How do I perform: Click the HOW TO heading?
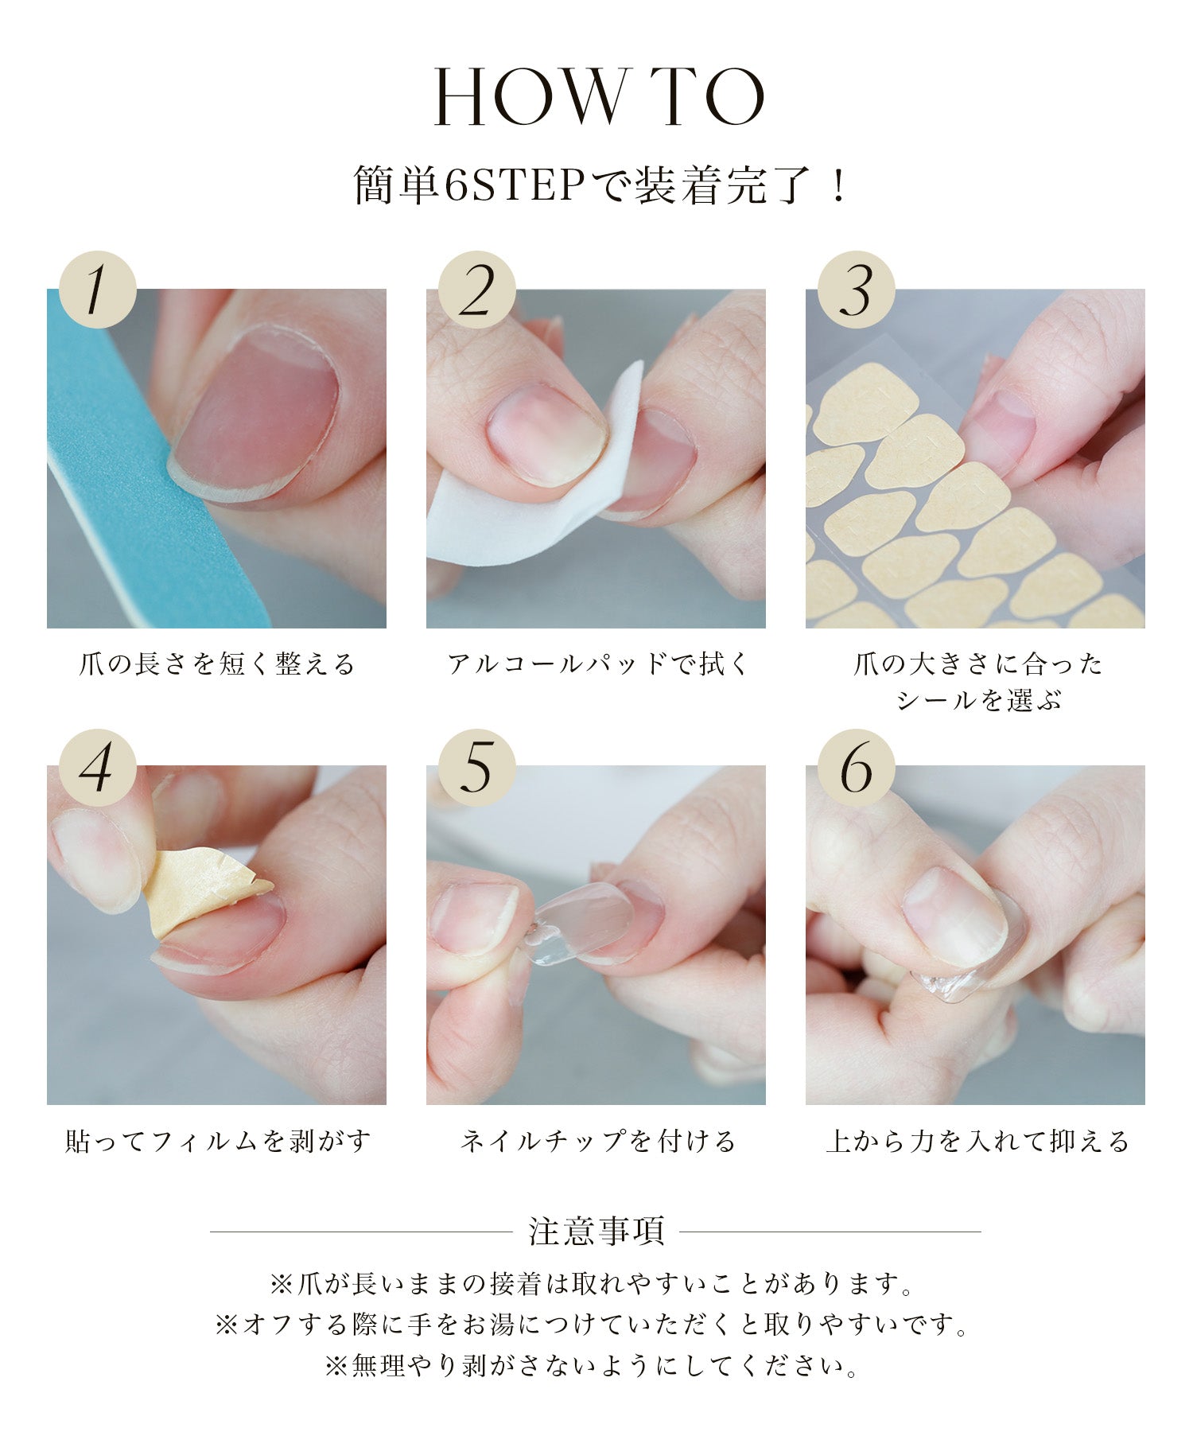598,98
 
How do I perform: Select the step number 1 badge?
98,290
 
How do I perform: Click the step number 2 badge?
477,290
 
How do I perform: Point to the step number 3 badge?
857,290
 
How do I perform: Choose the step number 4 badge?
98,767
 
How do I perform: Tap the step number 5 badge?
477,767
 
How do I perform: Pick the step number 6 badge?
857,767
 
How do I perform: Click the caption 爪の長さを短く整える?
217,663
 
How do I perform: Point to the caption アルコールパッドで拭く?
597,663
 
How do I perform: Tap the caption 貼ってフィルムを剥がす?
217,1142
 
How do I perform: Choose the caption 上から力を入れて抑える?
977,1142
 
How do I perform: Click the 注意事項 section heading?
596,1231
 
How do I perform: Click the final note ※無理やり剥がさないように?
593,1366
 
